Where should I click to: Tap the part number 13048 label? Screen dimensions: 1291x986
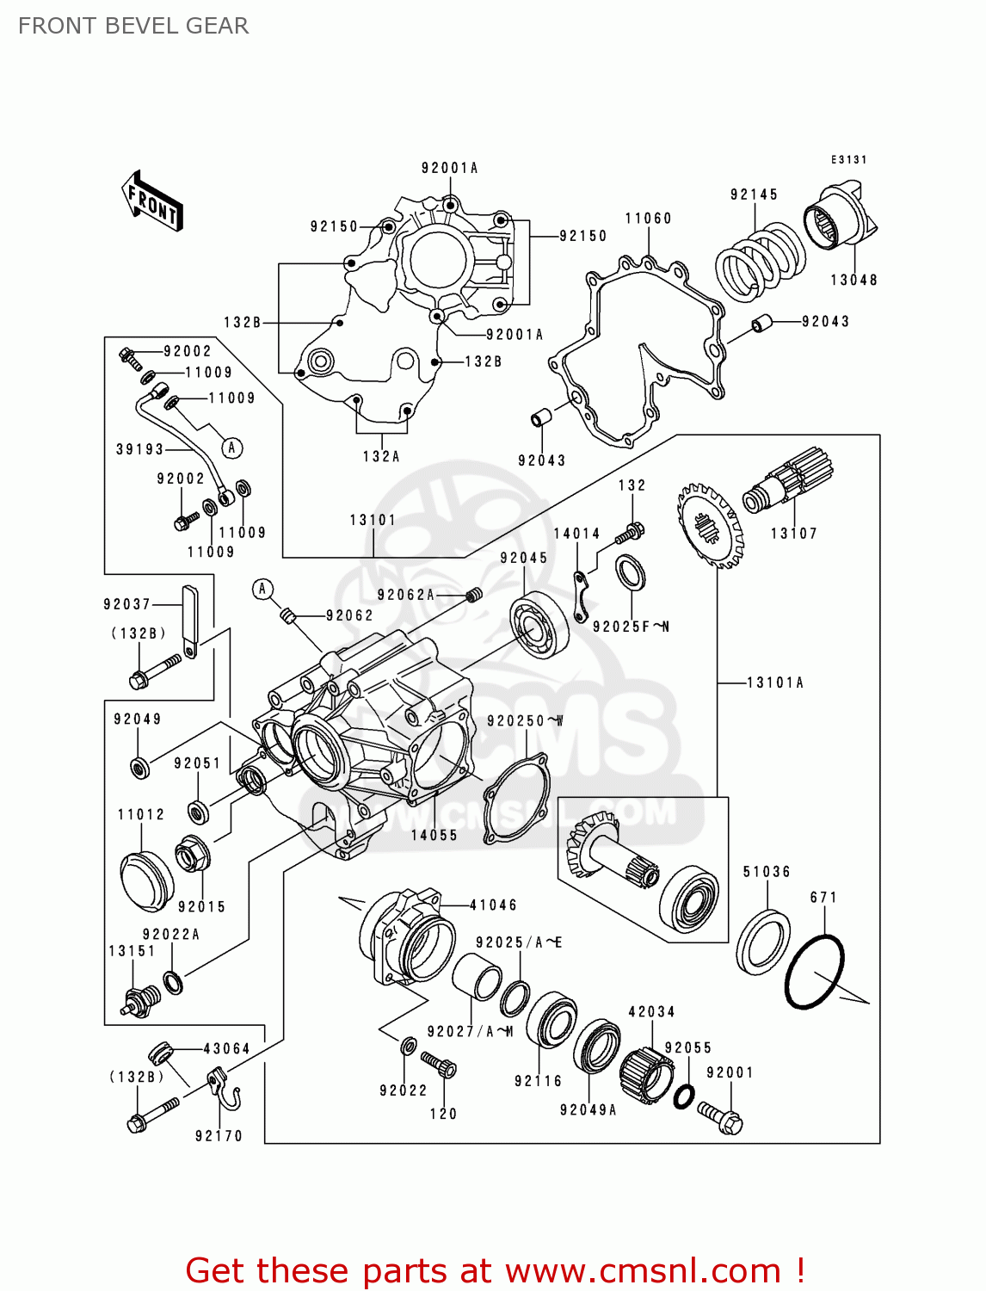(x=854, y=280)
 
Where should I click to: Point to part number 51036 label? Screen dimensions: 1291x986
(x=766, y=872)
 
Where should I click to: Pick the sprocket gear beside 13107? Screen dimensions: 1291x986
(x=709, y=524)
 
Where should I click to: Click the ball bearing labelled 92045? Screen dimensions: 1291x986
(x=539, y=626)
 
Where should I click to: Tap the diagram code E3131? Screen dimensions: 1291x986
(x=848, y=159)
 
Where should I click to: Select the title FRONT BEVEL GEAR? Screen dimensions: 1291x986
(x=133, y=26)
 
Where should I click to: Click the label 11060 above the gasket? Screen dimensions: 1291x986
(x=648, y=219)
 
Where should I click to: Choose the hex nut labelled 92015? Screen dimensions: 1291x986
(x=191, y=856)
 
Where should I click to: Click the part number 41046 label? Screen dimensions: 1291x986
(x=493, y=905)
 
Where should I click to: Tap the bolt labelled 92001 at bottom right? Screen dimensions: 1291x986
(x=721, y=1115)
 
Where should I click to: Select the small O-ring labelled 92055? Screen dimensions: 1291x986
(x=683, y=1096)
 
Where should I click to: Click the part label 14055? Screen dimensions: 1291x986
(x=434, y=835)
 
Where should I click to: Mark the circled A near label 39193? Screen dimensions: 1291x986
(x=231, y=448)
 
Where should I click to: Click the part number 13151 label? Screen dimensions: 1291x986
(x=132, y=951)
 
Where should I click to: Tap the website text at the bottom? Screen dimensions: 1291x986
(x=495, y=1270)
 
